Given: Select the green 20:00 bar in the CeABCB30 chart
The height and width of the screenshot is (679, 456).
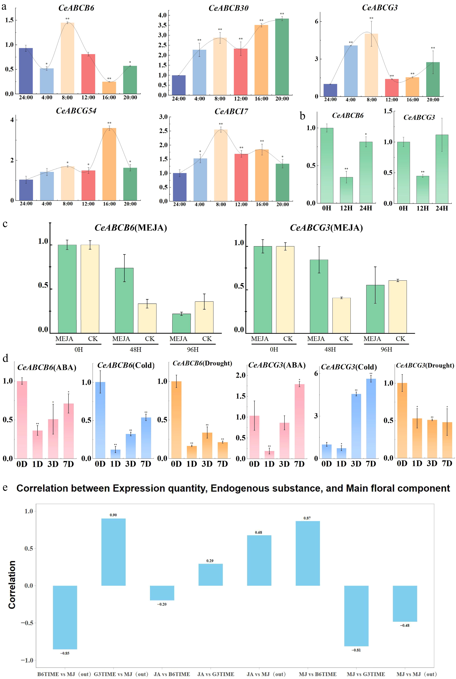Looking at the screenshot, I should click(x=282, y=57).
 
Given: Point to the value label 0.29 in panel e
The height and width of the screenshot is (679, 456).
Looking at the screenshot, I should click(x=210, y=561).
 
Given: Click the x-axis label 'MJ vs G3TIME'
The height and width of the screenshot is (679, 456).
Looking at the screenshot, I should click(x=366, y=674).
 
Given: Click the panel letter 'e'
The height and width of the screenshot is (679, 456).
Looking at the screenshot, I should click(x=5, y=487).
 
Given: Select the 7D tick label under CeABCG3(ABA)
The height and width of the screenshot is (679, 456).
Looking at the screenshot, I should click(x=299, y=464).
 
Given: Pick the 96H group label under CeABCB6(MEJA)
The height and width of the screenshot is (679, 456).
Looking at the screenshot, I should click(x=193, y=349).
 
